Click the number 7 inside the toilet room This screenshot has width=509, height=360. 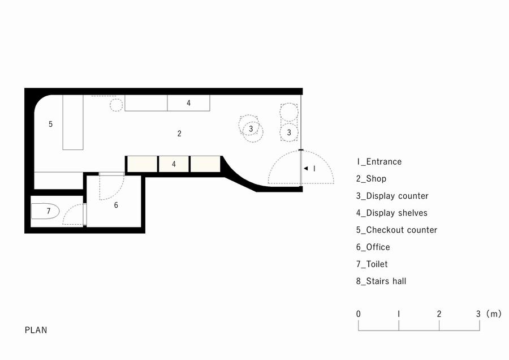tap(49, 211)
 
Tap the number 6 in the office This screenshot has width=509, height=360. tap(116, 205)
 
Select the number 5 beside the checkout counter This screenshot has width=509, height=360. tap(50, 124)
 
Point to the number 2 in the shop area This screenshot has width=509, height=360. tap(179, 133)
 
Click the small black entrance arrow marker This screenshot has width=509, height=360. tap(305, 168)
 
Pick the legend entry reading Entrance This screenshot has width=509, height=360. tap(379, 161)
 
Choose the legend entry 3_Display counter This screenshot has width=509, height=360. tap(392, 196)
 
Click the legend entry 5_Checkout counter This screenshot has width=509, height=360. tap(396, 230)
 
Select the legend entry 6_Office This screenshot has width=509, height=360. tap(373, 247)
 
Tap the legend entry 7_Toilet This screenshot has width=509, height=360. tap(372, 264)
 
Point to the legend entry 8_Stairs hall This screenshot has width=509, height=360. tap(381, 281)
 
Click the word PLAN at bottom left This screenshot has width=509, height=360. tap(36, 330)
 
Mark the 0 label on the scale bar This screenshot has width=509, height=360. tap(359, 314)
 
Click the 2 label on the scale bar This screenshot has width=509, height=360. tap(439, 314)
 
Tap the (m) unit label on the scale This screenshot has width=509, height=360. tap(494, 314)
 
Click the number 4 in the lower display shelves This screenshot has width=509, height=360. tap(174, 164)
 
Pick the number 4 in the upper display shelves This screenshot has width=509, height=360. tap(188, 103)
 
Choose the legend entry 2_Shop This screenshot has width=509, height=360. tap(372, 178)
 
